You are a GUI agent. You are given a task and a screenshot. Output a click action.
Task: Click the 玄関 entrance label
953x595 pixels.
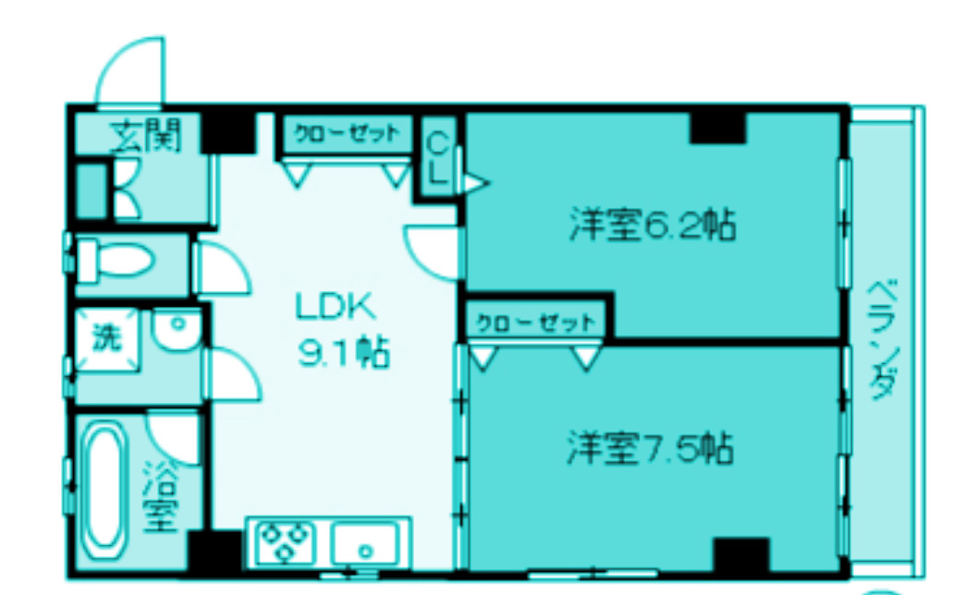click(x=144, y=137)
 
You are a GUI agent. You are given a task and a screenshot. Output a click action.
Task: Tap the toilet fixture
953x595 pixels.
click(x=116, y=260)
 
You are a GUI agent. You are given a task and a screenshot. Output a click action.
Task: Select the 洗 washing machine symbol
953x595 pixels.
click(x=106, y=339)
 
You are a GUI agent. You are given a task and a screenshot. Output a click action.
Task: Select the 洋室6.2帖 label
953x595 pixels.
click(x=653, y=225)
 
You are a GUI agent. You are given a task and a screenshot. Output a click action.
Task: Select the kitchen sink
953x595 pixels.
click(x=365, y=543)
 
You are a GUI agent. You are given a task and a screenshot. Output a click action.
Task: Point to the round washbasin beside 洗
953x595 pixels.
click(x=177, y=330)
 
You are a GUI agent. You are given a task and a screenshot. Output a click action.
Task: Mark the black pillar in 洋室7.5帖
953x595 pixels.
click(x=740, y=554)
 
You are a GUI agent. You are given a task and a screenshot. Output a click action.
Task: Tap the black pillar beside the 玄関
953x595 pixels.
click(x=227, y=130)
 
